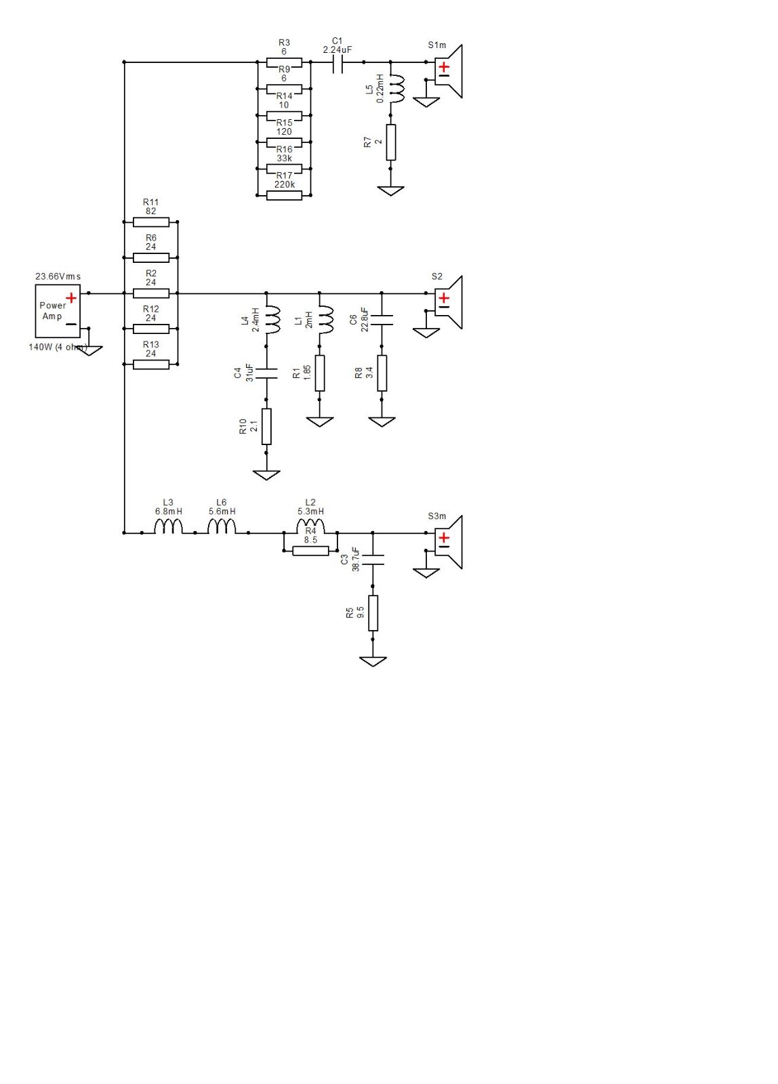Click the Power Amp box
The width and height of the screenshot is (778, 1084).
pos(58,311)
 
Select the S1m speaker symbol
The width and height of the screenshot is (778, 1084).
pos(449,71)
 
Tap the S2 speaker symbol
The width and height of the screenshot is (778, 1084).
pos(449,302)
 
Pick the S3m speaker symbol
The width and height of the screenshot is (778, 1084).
pos(449,542)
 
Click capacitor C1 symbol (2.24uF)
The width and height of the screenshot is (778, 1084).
pos(337,62)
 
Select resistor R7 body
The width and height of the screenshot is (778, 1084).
pos(391,142)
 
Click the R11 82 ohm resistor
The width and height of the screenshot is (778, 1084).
pos(151,222)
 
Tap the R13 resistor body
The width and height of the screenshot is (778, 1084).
pos(151,364)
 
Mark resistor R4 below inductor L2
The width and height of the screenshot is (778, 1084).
pos(311,551)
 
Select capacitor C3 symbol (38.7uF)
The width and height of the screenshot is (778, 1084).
pos(373,560)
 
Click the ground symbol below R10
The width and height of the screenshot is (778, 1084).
pos(266,475)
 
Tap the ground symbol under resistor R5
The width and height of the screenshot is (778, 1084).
pos(373,661)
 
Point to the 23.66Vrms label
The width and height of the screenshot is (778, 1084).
pos(58,276)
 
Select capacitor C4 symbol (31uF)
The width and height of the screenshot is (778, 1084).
pos(266,373)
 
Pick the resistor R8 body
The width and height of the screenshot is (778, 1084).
pos(382,373)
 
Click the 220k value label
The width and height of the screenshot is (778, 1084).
pos(284,184)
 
